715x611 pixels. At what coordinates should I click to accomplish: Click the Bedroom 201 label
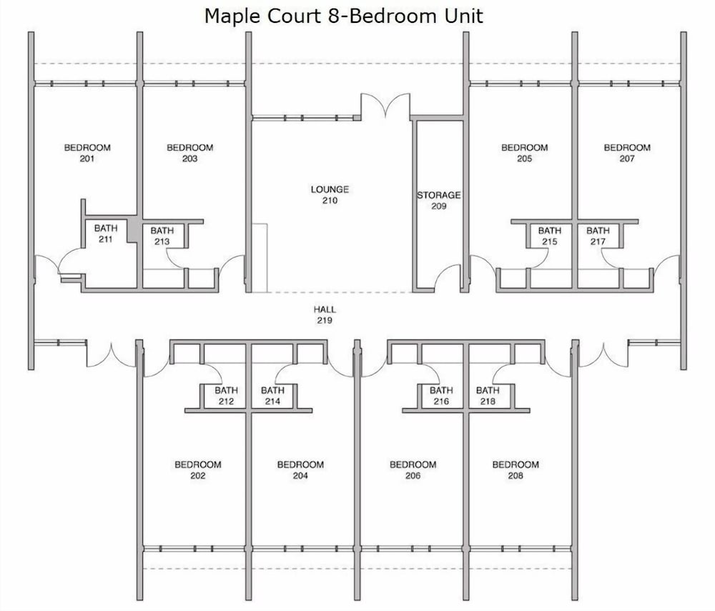tap(87, 153)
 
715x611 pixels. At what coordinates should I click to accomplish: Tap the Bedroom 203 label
tap(189, 153)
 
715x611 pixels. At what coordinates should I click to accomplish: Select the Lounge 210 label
tap(330, 194)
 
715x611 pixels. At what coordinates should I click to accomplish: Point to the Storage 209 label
tap(439, 201)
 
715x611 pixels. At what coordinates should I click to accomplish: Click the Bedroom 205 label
tap(524, 153)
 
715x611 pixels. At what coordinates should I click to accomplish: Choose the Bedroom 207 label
tap(627, 153)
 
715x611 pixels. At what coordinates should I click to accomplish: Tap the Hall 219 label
tap(325, 315)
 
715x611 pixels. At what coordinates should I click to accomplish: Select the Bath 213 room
tap(163, 236)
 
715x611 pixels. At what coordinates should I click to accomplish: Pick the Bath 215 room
tap(549, 236)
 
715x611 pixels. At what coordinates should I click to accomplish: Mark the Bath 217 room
tap(598, 236)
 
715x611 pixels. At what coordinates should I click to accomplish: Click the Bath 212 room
tap(226, 395)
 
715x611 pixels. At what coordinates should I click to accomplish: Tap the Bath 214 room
tap(273, 395)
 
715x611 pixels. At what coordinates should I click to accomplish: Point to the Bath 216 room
tap(441, 395)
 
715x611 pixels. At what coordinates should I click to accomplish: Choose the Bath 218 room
tap(488, 395)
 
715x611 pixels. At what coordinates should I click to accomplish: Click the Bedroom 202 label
tap(198, 470)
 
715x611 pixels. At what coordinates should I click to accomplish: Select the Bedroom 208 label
tap(516, 470)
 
